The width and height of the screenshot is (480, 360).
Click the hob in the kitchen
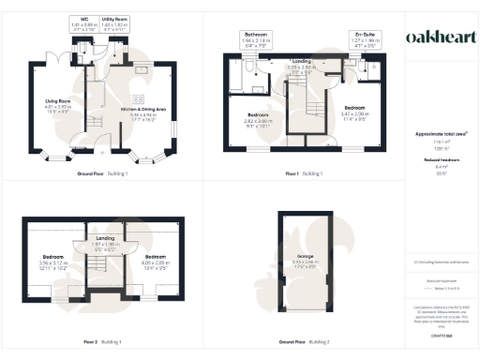142,98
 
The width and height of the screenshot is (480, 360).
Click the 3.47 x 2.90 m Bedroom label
358,109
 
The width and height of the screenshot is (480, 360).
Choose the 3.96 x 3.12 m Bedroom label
54,260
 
